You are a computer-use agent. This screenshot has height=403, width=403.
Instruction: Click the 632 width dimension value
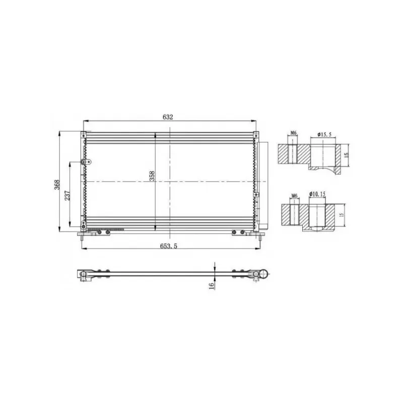[168, 117]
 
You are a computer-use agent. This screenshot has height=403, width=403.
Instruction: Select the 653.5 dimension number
[169, 246]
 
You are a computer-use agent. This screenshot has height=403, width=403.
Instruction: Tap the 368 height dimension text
[57, 184]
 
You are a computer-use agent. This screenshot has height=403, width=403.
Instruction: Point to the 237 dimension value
[67, 195]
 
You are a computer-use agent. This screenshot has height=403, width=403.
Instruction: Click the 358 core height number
[152, 176]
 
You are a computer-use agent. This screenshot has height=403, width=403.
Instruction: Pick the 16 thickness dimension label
[212, 286]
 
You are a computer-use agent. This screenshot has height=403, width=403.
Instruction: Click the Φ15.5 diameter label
[324, 135]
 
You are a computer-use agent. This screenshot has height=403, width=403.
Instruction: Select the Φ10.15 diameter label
[318, 194]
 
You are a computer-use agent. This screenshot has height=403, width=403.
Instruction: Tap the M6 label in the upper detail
[294, 133]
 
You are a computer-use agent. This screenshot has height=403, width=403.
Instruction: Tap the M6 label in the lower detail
[295, 196]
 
